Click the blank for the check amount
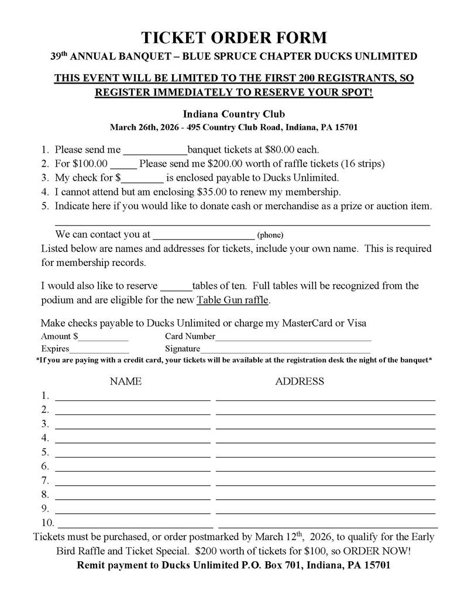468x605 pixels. [142, 178]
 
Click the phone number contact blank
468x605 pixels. [203, 235]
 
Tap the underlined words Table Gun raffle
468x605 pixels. [233, 300]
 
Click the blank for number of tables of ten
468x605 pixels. [175, 286]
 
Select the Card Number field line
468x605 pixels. [293, 337]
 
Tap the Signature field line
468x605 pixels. [285, 350]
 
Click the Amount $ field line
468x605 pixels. [104, 337]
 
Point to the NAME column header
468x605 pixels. [126, 382]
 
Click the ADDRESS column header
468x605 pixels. [300, 382]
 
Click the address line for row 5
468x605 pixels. [325, 455]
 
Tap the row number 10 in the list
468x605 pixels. [47, 523]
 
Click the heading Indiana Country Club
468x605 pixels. [234, 114]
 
